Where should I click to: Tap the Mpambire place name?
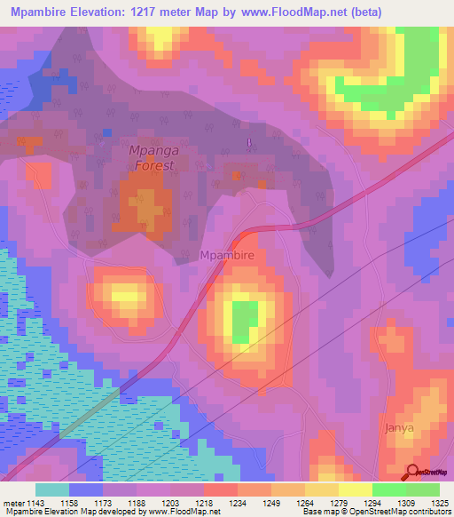pos(228,256)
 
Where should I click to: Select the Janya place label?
pos(399,427)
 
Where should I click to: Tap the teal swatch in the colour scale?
pos(52,489)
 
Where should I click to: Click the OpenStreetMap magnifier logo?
pos(413,472)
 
